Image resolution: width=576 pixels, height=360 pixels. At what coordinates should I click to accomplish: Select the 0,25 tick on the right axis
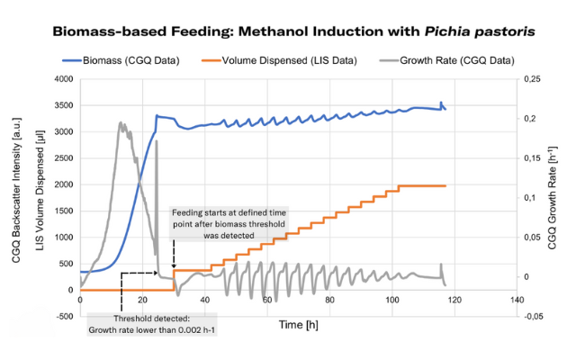click(532, 79)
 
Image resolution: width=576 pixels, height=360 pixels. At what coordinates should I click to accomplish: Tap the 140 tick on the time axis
click(515, 299)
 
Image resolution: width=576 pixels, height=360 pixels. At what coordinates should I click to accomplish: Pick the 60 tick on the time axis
click(266, 299)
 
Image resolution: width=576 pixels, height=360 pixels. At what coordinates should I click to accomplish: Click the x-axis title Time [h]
click(297, 322)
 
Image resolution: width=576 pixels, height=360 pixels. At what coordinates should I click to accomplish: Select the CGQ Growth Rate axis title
click(556, 197)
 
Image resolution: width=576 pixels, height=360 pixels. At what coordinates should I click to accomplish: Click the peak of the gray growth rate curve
click(121, 123)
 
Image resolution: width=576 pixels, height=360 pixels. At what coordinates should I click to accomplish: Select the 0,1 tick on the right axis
click(529, 197)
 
